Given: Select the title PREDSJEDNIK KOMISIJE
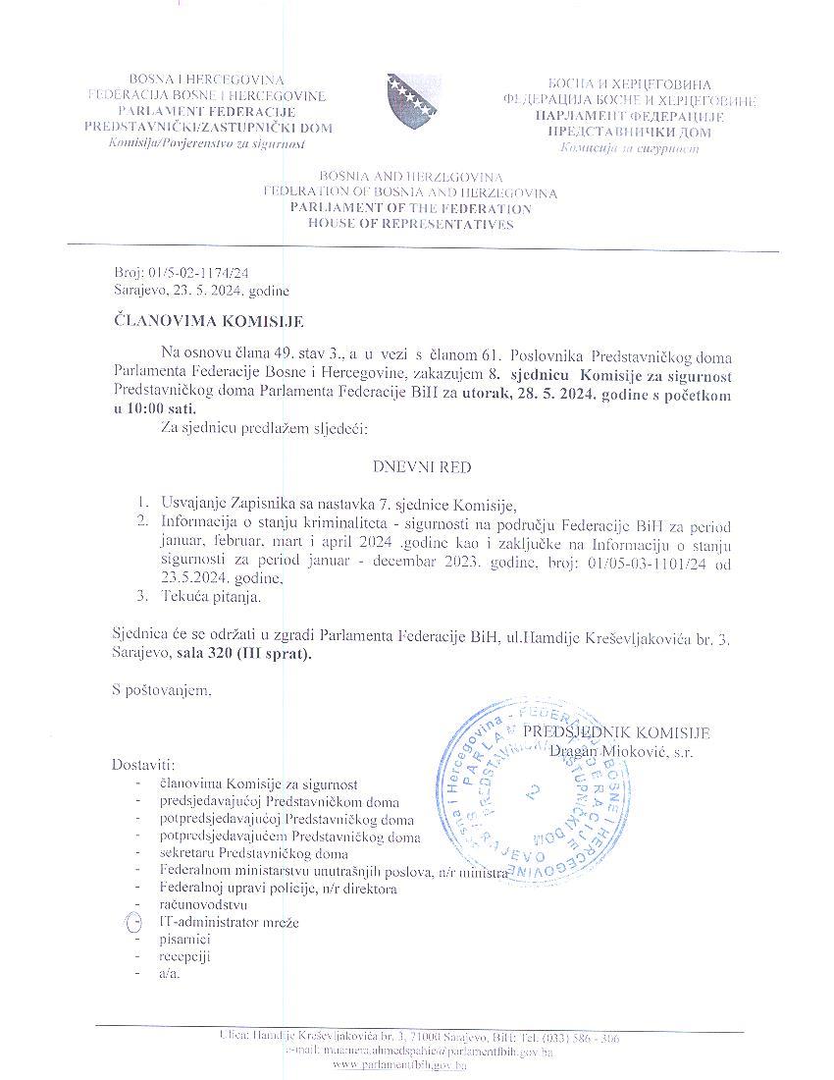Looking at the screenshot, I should (x=615, y=733).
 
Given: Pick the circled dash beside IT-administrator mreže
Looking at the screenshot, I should (x=136, y=923).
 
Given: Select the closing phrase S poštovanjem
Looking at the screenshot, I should (x=162, y=691).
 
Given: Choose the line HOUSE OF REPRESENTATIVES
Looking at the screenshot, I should (x=410, y=225).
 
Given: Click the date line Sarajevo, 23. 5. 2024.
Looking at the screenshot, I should (x=200, y=291).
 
